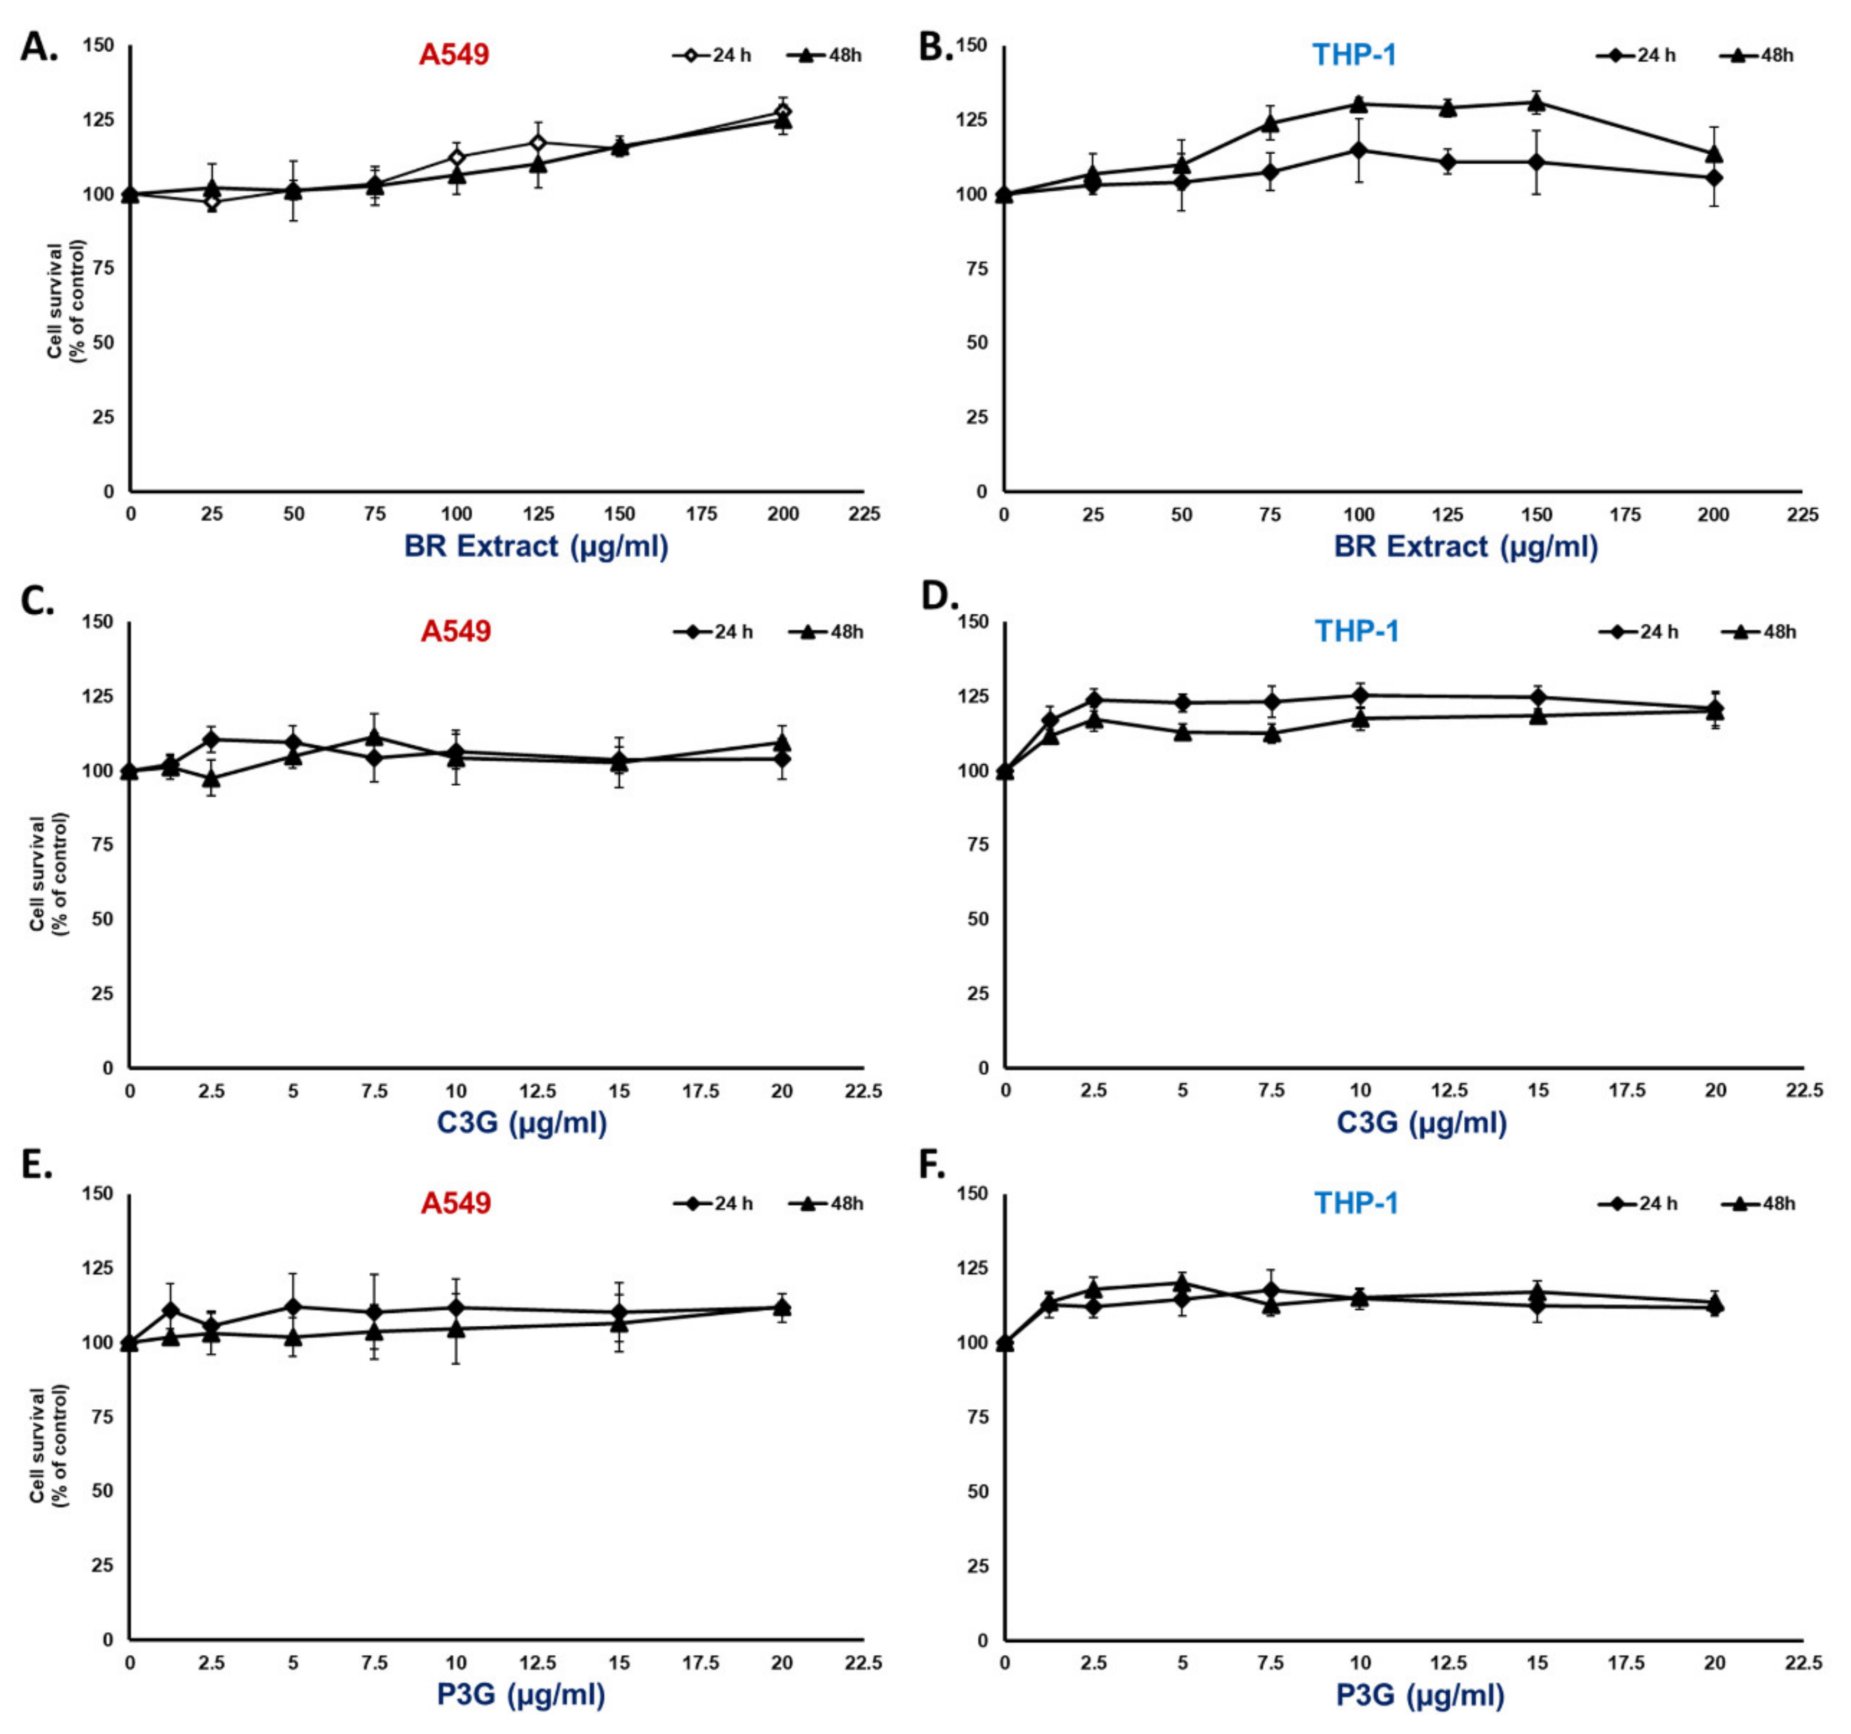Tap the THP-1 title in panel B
click(1355, 55)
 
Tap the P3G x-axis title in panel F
click(1421, 1695)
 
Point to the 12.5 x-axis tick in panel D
click(1449, 1091)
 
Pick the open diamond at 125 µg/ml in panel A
click(538, 143)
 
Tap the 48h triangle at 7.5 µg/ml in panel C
click(375, 737)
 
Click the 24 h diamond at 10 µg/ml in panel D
click(1360, 695)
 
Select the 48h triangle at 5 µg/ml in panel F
click(1182, 1283)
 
